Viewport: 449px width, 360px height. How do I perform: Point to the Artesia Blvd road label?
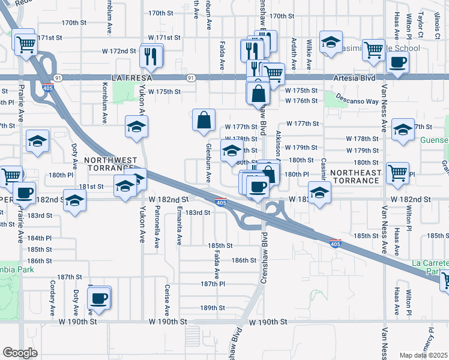click(355, 78)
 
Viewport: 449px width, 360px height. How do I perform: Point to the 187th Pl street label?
click(212, 284)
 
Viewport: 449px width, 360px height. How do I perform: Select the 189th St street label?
click(212, 308)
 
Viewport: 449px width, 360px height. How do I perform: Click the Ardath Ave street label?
click(294, 54)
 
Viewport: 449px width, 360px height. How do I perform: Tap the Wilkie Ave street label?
click(309, 55)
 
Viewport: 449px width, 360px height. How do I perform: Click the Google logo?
click(19, 353)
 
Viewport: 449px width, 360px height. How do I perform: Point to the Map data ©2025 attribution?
click(423, 355)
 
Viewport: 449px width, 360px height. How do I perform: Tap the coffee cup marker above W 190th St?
click(99, 297)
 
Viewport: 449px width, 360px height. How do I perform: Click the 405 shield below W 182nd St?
click(221, 203)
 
